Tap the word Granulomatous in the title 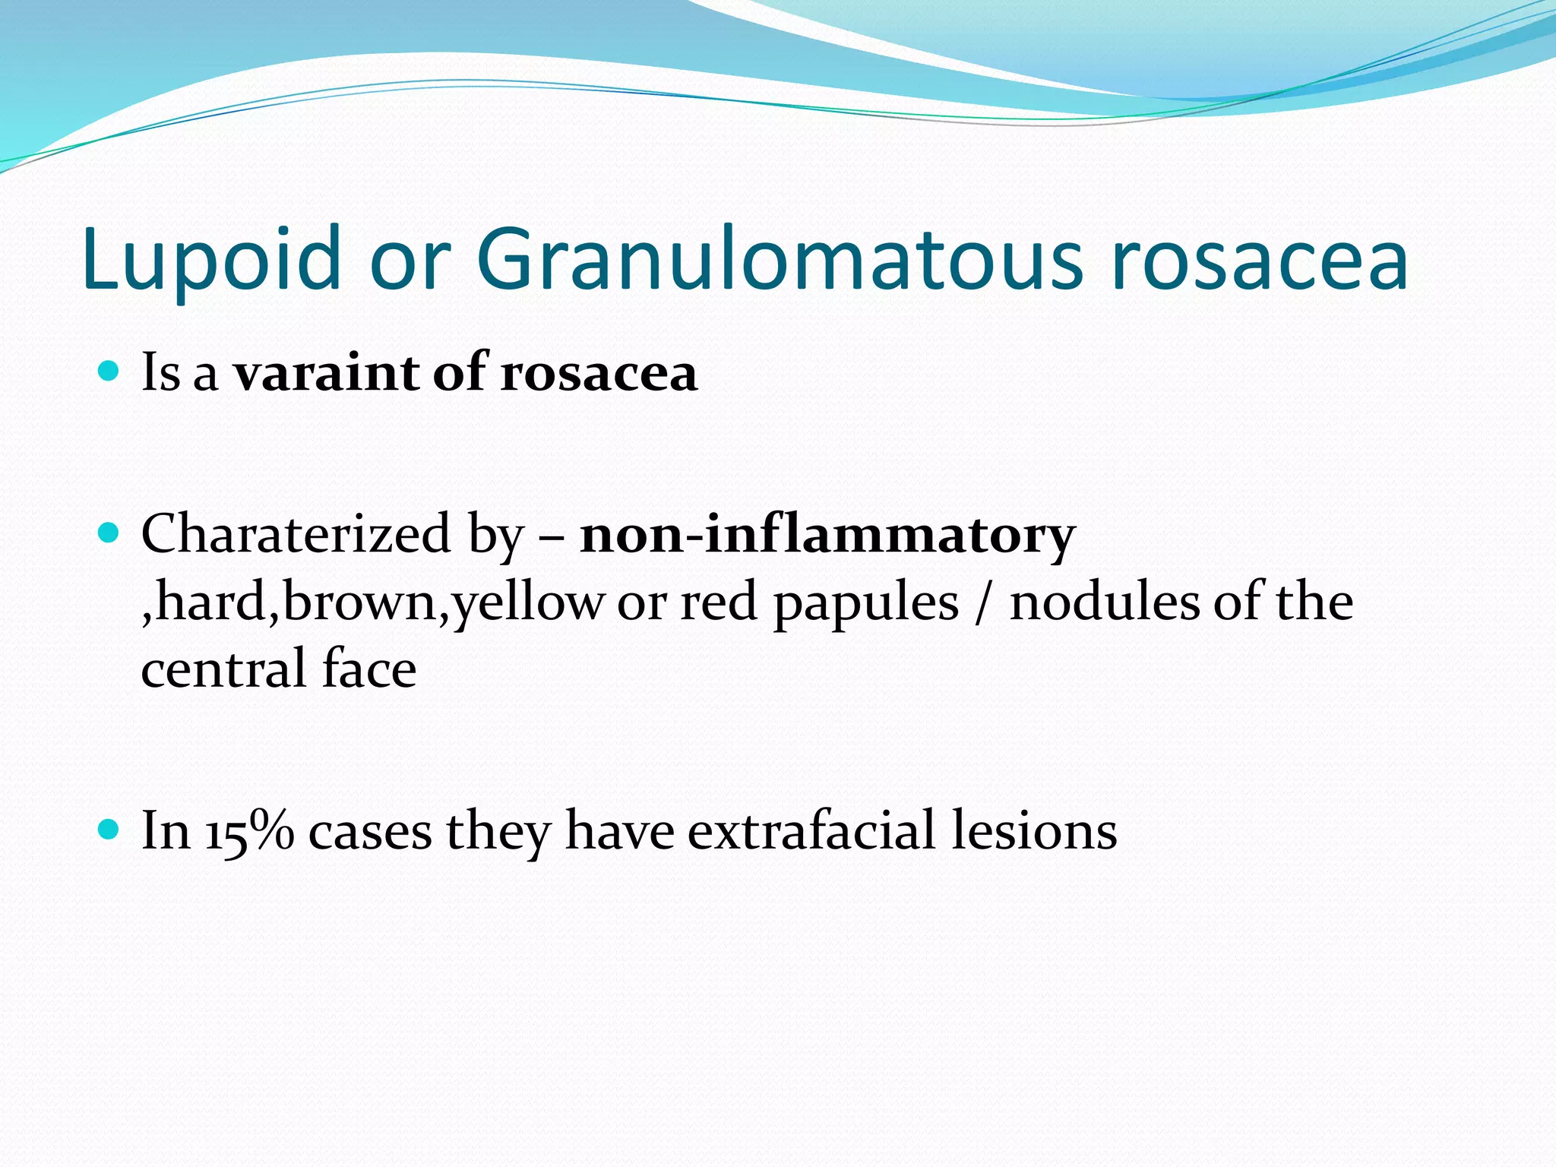[779, 258]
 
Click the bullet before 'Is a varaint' [109, 371]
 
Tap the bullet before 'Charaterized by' [109, 533]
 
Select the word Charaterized [296, 533]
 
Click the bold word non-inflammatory [827, 535]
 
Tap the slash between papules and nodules [984, 603]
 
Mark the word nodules [1105, 602]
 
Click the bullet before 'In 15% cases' [109, 829]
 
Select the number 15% [249, 831]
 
